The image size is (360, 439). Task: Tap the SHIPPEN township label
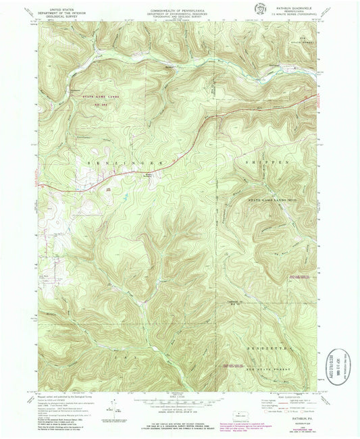coord(265,163)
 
